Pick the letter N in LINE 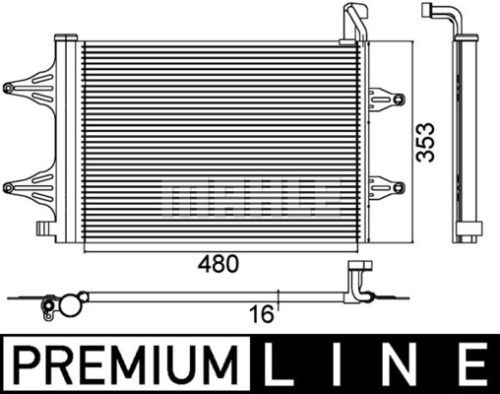point(406,366)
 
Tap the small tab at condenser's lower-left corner point(42,229)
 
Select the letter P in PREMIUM point(23,366)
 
